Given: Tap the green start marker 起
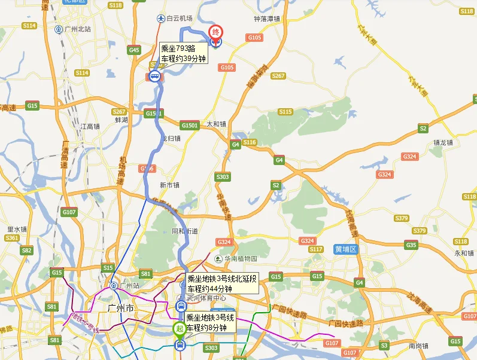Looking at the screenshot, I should point(179,328).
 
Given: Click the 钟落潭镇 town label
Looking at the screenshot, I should point(267,19).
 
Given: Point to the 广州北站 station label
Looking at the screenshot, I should point(77,29).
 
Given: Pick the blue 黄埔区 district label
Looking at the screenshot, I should point(345,249).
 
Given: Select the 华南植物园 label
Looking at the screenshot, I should point(240,258).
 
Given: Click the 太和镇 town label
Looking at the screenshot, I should point(217,124).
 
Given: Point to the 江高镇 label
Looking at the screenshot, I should point(90,126).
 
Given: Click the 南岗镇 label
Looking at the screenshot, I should point(420,346).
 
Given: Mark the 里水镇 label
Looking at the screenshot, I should point(17,229).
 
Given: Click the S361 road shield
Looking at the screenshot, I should point(11,238).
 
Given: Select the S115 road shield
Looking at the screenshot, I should point(285,112).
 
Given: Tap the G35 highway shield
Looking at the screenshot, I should point(411,245).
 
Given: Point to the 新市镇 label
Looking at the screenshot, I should point(169,185).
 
